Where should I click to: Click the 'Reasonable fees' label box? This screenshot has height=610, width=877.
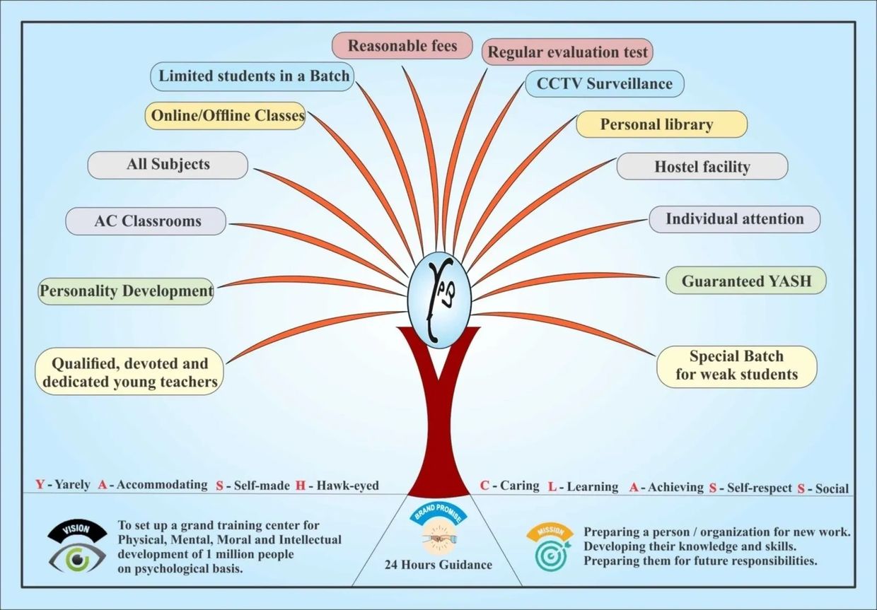(x=402, y=47)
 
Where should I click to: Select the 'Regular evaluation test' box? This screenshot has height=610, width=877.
(x=568, y=52)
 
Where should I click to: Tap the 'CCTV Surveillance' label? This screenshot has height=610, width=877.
(x=604, y=83)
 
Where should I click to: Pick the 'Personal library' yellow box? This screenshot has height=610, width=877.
(x=661, y=124)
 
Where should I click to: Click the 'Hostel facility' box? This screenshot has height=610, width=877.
(x=702, y=167)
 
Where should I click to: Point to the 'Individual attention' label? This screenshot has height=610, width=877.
(x=734, y=219)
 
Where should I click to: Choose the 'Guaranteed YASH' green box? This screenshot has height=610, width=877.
(x=745, y=281)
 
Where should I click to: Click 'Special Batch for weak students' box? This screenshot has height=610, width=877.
(x=736, y=366)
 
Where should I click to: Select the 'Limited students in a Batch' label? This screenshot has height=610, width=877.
(x=253, y=76)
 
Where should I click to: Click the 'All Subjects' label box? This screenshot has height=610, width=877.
(x=168, y=165)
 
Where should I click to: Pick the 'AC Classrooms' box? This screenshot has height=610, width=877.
(x=146, y=221)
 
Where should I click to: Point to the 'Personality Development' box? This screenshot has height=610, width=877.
(x=127, y=291)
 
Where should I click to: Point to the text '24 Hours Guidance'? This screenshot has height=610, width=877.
(x=438, y=565)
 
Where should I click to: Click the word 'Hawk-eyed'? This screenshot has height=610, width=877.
(x=347, y=486)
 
